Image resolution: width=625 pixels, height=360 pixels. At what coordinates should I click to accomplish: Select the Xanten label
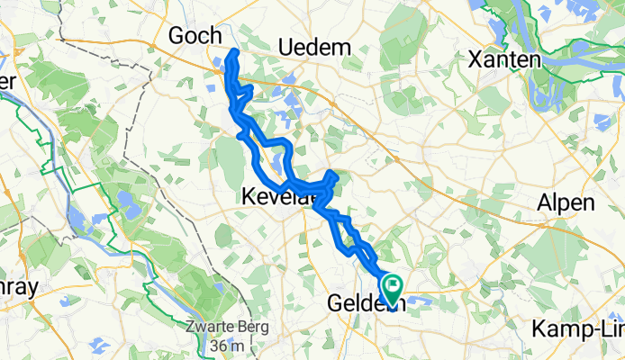[x=503, y=60]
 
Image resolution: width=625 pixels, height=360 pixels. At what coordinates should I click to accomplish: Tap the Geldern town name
[x=365, y=303]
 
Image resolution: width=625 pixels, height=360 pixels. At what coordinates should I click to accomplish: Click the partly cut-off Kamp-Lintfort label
[x=579, y=328]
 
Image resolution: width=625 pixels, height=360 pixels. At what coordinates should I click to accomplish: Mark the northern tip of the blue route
[x=236, y=52]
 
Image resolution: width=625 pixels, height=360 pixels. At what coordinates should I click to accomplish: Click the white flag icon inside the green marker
[x=394, y=284]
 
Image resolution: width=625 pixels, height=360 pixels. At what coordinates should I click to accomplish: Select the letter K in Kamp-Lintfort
[x=538, y=328]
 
